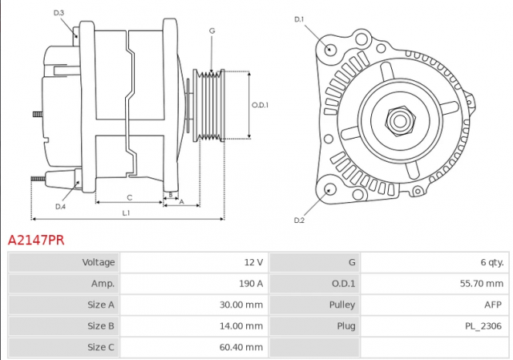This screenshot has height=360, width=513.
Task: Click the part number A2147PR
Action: coord(36,241)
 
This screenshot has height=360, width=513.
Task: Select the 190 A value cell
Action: coord(194,283)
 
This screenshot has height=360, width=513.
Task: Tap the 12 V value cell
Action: coord(194,262)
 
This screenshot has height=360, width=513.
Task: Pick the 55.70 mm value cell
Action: coord(434,283)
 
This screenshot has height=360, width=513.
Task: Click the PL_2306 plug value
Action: coord(483,326)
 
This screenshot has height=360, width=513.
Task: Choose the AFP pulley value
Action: coord(493,305)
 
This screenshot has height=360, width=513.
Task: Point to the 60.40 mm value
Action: coord(241,347)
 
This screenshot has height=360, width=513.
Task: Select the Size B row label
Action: coord(101,326)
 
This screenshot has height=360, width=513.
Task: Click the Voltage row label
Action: coord(99,262)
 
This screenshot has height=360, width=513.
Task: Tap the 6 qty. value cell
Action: coord(434,262)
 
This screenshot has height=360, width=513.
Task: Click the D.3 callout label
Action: coord(59,13)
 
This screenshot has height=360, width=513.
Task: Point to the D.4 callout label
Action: coord(60,207)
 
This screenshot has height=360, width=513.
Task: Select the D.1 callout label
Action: coord(299,19)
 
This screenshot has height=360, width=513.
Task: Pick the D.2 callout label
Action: coord(299,220)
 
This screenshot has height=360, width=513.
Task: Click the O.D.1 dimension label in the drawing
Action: coord(260,105)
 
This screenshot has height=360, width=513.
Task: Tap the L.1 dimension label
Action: coord(127,213)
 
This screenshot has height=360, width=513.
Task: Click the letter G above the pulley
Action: coord(212,30)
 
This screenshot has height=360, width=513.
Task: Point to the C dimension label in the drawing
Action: coord(130,198)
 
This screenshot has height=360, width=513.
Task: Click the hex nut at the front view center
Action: coord(400,121)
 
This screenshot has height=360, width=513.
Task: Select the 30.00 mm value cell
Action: coord(194,305)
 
